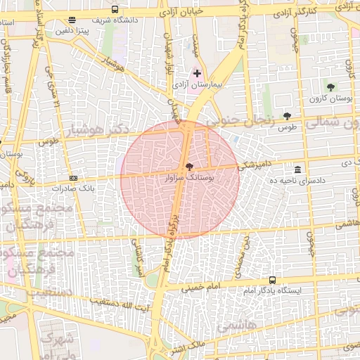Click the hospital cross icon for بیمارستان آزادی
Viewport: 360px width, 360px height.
pos(197,73)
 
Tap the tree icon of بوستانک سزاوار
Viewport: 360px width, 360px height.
pos(188,167)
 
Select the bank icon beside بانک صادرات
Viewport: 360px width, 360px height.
pos(74,179)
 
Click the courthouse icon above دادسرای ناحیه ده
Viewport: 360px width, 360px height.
pos(298,170)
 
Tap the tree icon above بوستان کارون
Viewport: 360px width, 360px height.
pos(330,88)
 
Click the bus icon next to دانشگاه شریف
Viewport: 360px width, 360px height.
pos(115,9)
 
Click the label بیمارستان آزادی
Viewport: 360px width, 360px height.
pos(199,84)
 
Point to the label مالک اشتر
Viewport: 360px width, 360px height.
pos(188,345)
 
